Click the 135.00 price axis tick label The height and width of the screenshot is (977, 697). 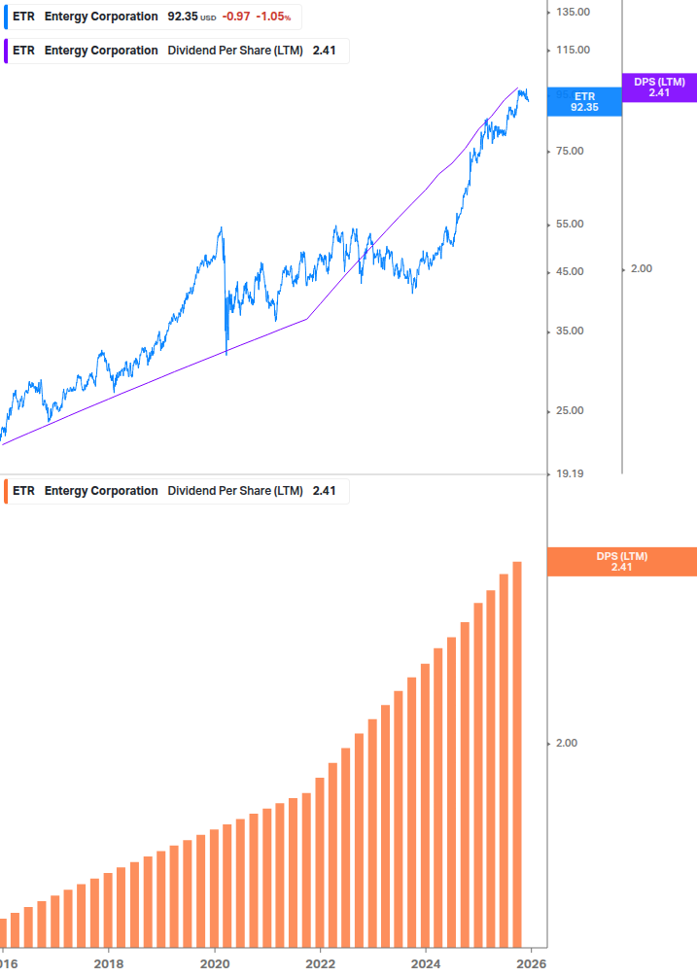[574, 12]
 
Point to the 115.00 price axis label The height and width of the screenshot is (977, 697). [574, 50]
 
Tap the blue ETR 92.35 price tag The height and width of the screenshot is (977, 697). [584, 102]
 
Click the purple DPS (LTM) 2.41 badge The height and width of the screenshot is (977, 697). [659, 87]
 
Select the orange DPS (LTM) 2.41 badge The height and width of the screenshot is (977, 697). [622, 562]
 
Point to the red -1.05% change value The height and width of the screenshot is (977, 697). [273, 17]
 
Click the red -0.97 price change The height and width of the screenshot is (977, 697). [236, 17]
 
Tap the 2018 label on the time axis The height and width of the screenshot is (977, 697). [109, 963]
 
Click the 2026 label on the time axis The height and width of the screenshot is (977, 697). [530, 963]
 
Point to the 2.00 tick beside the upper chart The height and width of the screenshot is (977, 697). [642, 268]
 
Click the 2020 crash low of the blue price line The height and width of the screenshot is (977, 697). [227, 353]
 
